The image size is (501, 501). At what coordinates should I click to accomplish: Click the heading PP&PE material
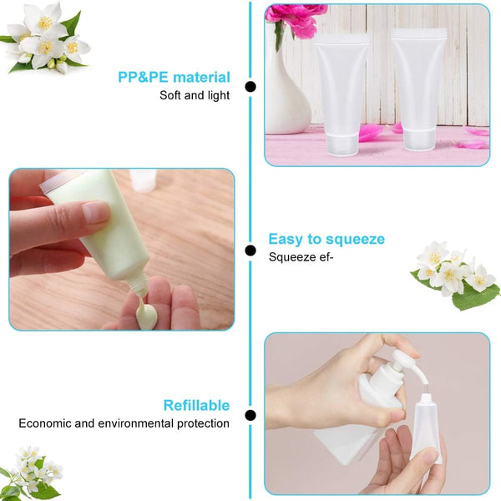174,77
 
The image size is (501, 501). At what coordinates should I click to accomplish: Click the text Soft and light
195,95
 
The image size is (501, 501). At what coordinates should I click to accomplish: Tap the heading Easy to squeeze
326,239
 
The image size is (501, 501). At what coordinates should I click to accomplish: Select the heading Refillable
196,405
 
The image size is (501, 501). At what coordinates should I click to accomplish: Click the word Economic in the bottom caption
48,423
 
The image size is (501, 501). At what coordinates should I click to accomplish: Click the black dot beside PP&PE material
250,86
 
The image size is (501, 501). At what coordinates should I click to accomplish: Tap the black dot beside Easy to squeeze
250,250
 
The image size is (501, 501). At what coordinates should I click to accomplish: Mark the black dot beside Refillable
250,415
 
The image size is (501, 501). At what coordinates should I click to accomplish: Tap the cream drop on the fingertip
146,316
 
